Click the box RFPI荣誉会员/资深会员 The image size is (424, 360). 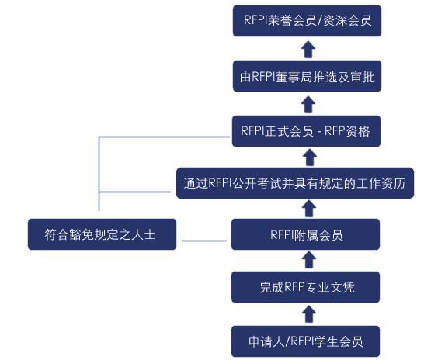click(x=307, y=21)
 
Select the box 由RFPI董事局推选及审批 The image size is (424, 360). click(x=307, y=76)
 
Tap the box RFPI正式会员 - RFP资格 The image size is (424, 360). click(x=307, y=131)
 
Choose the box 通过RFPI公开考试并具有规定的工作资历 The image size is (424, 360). click(x=295, y=183)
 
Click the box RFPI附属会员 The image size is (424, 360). click(x=305, y=234)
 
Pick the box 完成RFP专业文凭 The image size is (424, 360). click(x=305, y=287)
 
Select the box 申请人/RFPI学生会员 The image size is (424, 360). click(x=305, y=341)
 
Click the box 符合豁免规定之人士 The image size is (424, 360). click(x=102, y=234)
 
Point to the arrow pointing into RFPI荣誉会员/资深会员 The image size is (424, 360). click(x=308, y=50)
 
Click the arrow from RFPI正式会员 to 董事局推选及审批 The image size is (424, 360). click(x=308, y=105)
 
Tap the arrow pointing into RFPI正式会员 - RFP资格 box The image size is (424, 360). click(x=310, y=157)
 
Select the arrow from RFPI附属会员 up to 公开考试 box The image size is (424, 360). click(x=309, y=209)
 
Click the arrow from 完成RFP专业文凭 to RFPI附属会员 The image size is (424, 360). click(x=309, y=260)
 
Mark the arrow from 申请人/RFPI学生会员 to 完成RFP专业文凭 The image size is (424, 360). click(x=309, y=314)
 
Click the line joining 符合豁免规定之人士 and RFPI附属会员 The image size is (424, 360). click(x=204, y=241)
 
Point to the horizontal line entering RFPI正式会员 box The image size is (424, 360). click(x=165, y=137)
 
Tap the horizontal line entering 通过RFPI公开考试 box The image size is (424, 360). click(x=135, y=192)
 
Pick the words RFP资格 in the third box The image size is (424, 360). click(x=347, y=131)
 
